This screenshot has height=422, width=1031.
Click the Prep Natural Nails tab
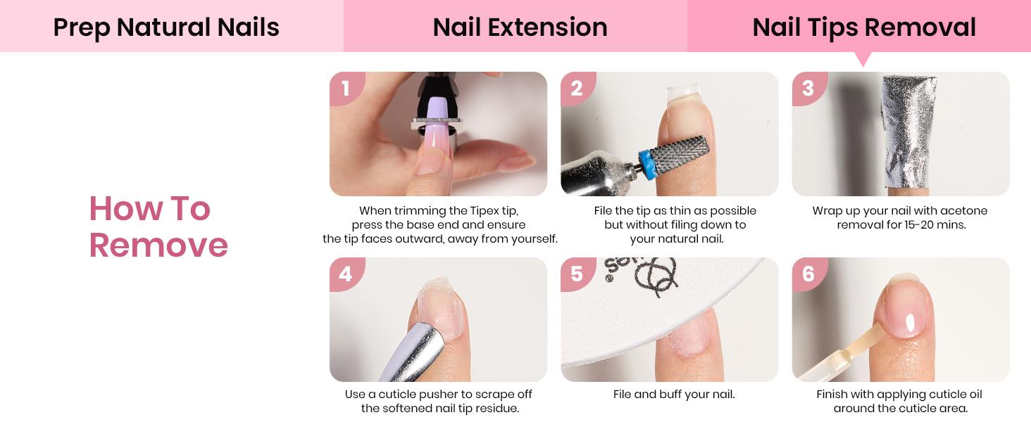coord(166,27)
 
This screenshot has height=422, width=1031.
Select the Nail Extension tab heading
coord(520,27)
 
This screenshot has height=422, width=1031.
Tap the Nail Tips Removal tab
coord(863,27)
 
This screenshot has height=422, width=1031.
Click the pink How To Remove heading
coord(158,227)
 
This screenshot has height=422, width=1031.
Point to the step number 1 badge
coord(345,89)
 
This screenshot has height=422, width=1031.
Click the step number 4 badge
coord(345,274)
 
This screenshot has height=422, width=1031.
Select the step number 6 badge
coord(808,274)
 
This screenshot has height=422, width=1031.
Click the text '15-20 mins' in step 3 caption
coord(935,225)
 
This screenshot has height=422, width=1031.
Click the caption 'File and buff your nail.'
coord(674,395)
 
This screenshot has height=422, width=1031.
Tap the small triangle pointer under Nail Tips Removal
coord(863,59)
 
